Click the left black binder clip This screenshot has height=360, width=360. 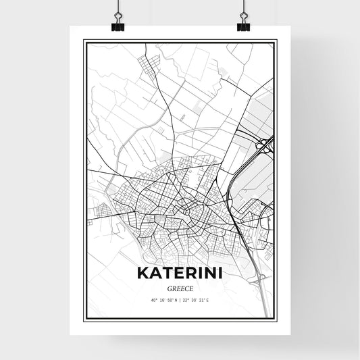[x=118, y=25]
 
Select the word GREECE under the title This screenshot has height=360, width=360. [x=180, y=286]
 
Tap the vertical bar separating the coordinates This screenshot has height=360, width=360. [x=180, y=299]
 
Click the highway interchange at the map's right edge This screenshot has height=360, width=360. [x=265, y=143]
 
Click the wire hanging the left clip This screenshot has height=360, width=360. [x=118, y=8]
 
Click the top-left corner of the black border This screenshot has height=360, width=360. [x=84, y=41]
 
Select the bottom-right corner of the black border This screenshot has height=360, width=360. [x=276, y=319]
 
